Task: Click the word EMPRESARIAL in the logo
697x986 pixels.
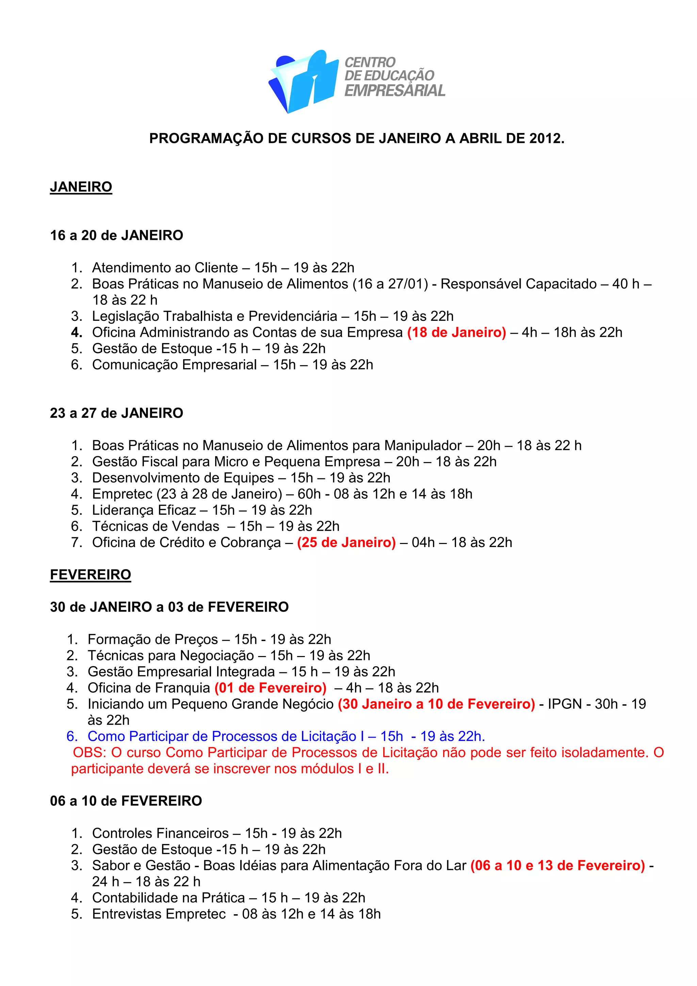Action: pyautogui.click(x=395, y=91)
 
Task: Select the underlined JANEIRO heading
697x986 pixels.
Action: pyautogui.click(x=81, y=187)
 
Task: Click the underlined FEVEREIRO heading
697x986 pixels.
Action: pyautogui.click(x=90, y=575)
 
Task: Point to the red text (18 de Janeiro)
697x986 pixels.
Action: pyautogui.click(x=456, y=332)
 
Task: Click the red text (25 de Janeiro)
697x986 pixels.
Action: pyautogui.click(x=346, y=542)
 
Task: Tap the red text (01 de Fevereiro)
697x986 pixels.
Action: pyautogui.click(x=271, y=688)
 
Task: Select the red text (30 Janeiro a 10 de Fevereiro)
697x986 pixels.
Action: pyautogui.click(x=436, y=704)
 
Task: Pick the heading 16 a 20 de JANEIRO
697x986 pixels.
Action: pyautogui.click(x=116, y=235)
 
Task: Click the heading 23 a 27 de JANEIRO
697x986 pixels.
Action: pyautogui.click(x=116, y=413)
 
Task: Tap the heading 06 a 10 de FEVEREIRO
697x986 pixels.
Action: pyautogui.click(x=126, y=801)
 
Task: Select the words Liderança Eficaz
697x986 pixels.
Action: pyautogui.click(x=144, y=510)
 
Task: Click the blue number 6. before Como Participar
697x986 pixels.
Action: pyautogui.click(x=72, y=736)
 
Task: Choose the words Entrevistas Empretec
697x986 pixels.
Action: pyautogui.click(x=159, y=914)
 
